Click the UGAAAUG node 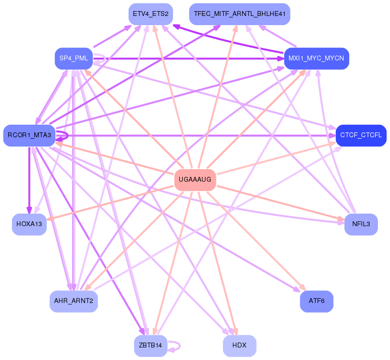pyautogui.click(x=195, y=180)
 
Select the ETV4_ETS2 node pyautogui.click(x=151, y=14)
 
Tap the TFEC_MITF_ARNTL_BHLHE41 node pyautogui.click(x=240, y=14)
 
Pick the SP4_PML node pyautogui.click(x=74, y=58)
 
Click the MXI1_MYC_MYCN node pyautogui.click(x=317, y=58)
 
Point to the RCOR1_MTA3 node pyautogui.click(x=29, y=135)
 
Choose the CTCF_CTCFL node pyautogui.click(x=361, y=135)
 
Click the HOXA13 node pyautogui.click(x=29, y=224)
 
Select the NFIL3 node pyautogui.click(x=361, y=224)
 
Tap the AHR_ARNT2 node pyautogui.click(x=73, y=301)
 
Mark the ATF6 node pyautogui.click(x=317, y=301)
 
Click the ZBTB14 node pyautogui.click(x=151, y=346)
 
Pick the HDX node pyautogui.click(x=240, y=346)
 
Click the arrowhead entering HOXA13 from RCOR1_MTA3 pyautogui.click(x=29, y=210)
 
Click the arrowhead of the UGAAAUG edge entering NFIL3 pyautogui.click(x=341, y=219)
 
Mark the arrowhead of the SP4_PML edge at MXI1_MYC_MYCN pyautogui.click(x=281, y=58)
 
